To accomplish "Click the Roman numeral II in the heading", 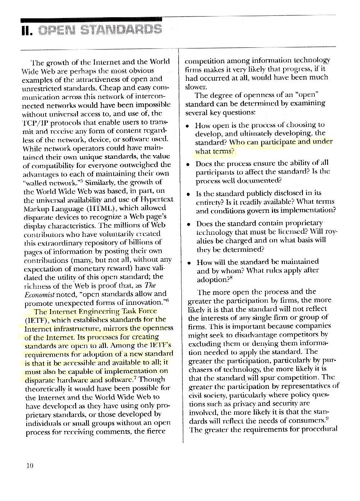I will pos(27,31).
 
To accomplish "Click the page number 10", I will pos(30,466).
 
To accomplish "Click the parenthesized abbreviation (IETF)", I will pos(37,320).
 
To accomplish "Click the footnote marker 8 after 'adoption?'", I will pos(230,277).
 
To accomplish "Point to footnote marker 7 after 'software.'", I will pos(135,377).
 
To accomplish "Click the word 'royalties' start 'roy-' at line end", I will pos(333,232).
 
